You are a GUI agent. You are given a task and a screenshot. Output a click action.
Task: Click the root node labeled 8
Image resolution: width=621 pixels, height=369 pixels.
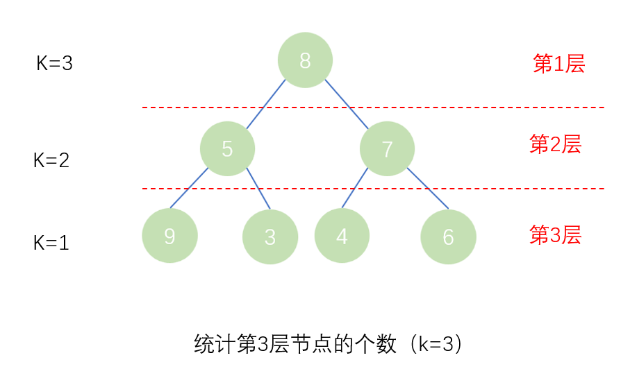tap(305, 60)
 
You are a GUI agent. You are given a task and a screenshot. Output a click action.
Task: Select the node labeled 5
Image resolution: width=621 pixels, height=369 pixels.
tap(227, 148)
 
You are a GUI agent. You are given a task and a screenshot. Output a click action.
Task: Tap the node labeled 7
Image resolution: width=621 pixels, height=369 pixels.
tap(387, 148)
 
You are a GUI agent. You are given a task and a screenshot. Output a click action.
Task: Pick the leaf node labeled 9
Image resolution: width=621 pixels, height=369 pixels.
tap(169, 236)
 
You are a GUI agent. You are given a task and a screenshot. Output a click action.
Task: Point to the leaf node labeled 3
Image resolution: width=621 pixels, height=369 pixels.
tap(270, 237)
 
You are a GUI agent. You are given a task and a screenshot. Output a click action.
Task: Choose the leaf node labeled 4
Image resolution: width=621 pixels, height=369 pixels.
tap(342, 236)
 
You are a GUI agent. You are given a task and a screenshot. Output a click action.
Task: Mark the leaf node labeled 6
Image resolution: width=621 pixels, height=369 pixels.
tap(448, 237)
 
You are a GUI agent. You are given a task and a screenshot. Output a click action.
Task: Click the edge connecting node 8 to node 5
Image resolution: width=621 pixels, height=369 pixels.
tap(266, 104)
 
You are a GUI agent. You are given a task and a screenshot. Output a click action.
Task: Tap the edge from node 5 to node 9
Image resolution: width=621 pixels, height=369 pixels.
tap(189, 188)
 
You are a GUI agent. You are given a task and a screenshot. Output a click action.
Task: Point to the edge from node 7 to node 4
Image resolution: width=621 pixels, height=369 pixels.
tap(355, 188)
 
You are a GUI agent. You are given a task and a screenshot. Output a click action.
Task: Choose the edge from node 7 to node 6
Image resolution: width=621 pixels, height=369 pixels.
tap(427, 188)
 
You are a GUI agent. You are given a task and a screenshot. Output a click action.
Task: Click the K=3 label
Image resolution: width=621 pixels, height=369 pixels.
tap(54, 64)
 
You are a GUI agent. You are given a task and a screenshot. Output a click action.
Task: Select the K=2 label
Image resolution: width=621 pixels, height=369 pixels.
tap(51, 161)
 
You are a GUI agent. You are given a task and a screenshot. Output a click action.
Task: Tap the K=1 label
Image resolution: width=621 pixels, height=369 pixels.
tap(51, 243)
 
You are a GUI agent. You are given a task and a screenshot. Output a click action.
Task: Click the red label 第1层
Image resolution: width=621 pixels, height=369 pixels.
tap(558, 64)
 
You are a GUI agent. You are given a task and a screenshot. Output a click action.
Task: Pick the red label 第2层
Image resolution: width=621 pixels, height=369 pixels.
tap(555, 144)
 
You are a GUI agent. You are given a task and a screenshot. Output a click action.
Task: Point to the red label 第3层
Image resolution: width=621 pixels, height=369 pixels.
tap(555, 235)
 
